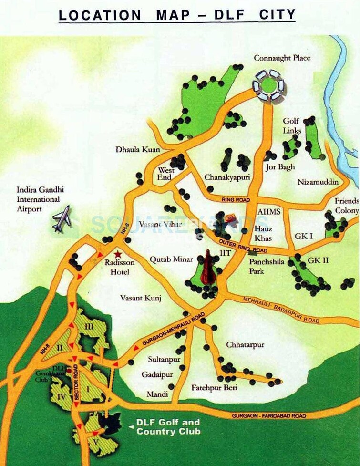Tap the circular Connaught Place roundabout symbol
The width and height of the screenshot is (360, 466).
268,85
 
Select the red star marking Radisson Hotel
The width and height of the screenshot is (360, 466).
118,255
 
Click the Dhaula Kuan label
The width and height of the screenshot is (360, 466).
138,149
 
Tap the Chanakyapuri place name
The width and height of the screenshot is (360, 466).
227,177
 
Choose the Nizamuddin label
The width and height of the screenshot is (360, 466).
318,182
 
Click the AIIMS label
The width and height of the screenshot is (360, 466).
269,211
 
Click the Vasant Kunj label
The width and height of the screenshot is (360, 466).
141,298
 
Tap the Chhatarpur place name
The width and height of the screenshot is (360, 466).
245,344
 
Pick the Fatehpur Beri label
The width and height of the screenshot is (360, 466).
214,387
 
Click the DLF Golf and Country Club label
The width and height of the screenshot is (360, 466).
168,427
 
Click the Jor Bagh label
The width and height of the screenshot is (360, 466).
280,167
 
